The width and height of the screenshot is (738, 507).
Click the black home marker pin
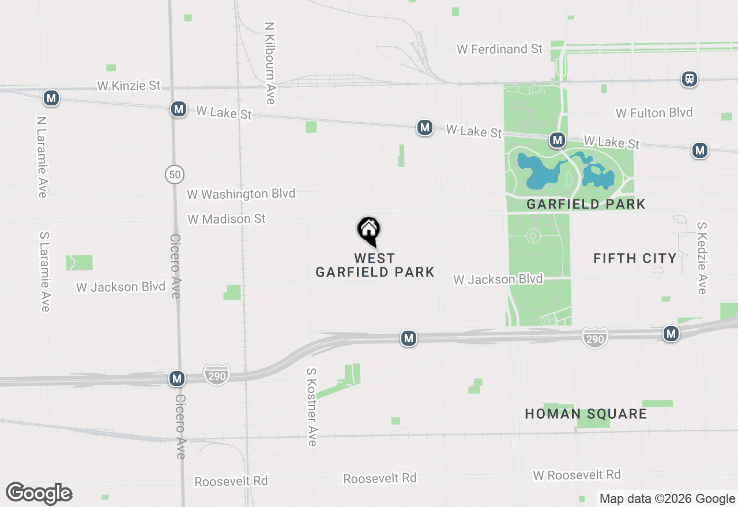click(369, 231)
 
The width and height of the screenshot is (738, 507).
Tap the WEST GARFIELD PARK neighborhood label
click(375, 265)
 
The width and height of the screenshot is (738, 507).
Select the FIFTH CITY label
click(635, 258)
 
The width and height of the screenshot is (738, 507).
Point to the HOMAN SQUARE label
click(586, 414)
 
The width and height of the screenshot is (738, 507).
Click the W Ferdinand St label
click(499, 49)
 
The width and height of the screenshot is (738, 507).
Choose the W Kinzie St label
click(129, 86)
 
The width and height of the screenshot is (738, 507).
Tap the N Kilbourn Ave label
click(269, 63)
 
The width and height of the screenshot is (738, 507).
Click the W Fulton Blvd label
click(654, 112)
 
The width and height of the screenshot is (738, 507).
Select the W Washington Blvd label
click(241, 194)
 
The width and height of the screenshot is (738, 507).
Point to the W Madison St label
click(227, 219)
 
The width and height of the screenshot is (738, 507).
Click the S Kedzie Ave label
click(702, 258)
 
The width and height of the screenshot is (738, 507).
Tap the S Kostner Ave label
click(312, 407)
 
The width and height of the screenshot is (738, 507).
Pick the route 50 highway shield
click(175, 173)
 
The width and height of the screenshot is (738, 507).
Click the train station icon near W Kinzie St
click(689, 79)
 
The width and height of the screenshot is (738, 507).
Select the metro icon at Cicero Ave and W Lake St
click(179, 109)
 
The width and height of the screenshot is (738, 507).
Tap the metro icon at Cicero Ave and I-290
click(177, 379)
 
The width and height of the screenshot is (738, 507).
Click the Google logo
click(39, 493)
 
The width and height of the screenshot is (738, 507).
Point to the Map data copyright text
click(667, 499)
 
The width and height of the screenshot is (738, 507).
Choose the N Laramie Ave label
click(41, 157)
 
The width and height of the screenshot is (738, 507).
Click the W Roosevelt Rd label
click(577, 475)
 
